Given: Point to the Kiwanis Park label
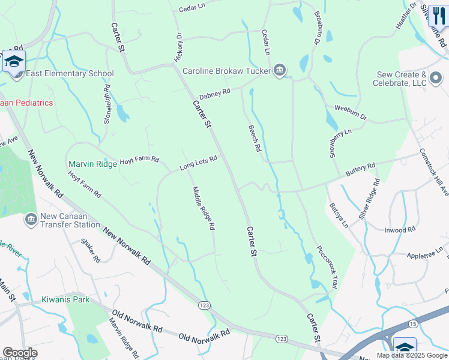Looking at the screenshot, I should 65,299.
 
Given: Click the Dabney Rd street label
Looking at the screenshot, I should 215,94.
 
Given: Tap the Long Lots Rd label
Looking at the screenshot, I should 198,163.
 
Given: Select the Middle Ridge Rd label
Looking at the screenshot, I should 203,209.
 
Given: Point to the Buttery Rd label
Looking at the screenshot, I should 360,170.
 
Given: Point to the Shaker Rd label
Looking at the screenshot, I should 91,251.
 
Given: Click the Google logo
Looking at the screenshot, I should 20,353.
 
